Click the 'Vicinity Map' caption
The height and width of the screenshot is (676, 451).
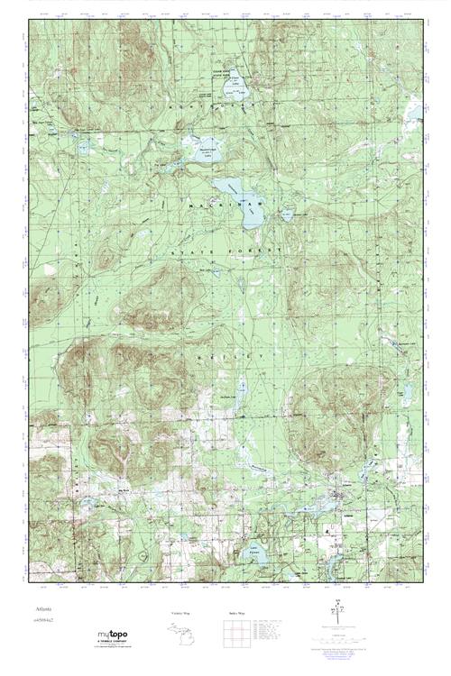click(x=180, y=612)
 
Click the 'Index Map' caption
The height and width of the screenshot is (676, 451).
click(x=232, y=612)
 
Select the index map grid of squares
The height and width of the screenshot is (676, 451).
click(x=232, y=634)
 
